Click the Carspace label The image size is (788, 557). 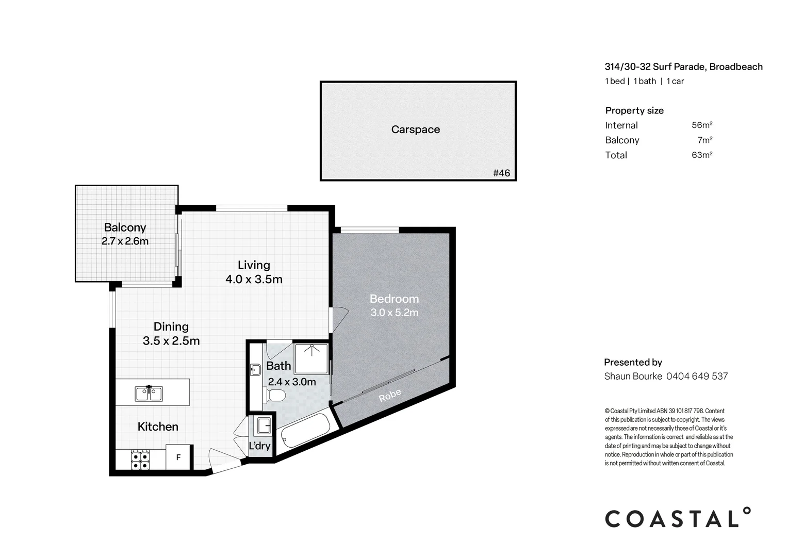click(415, 129)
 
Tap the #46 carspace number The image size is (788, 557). click(501, 173)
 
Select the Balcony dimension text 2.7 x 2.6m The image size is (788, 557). click(125, 241)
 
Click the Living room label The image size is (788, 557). click(254, 265)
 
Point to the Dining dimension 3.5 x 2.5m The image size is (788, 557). click(171, 341)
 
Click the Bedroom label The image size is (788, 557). click(394, 299)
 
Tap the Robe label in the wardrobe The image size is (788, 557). click(390, 396)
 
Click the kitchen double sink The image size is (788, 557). click(149, 394)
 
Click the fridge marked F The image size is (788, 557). click(178, 457)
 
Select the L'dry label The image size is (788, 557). click(259, 446)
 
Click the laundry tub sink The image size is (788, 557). click(263, 425)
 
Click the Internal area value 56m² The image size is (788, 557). click(702, 125)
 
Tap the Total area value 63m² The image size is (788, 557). click(702, 155)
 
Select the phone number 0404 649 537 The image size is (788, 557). click(697, 376)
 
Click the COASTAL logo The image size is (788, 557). click(678, 518)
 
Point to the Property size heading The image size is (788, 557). click(634, 110)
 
